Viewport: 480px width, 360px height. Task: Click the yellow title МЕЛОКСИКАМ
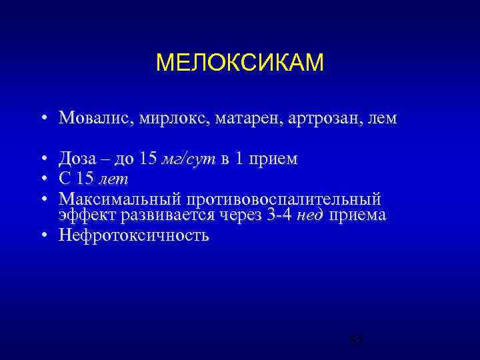tap(239, 63)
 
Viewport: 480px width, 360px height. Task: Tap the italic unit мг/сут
tap(189, 159)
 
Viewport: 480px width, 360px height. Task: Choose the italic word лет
tap(114, 179)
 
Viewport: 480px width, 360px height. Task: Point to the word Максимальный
tap(120, 199)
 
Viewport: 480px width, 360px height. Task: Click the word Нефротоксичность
tap(134, 235)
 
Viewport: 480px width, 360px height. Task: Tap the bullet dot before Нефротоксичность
tap(42, 235)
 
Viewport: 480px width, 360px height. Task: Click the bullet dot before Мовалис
tap(42, 119)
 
